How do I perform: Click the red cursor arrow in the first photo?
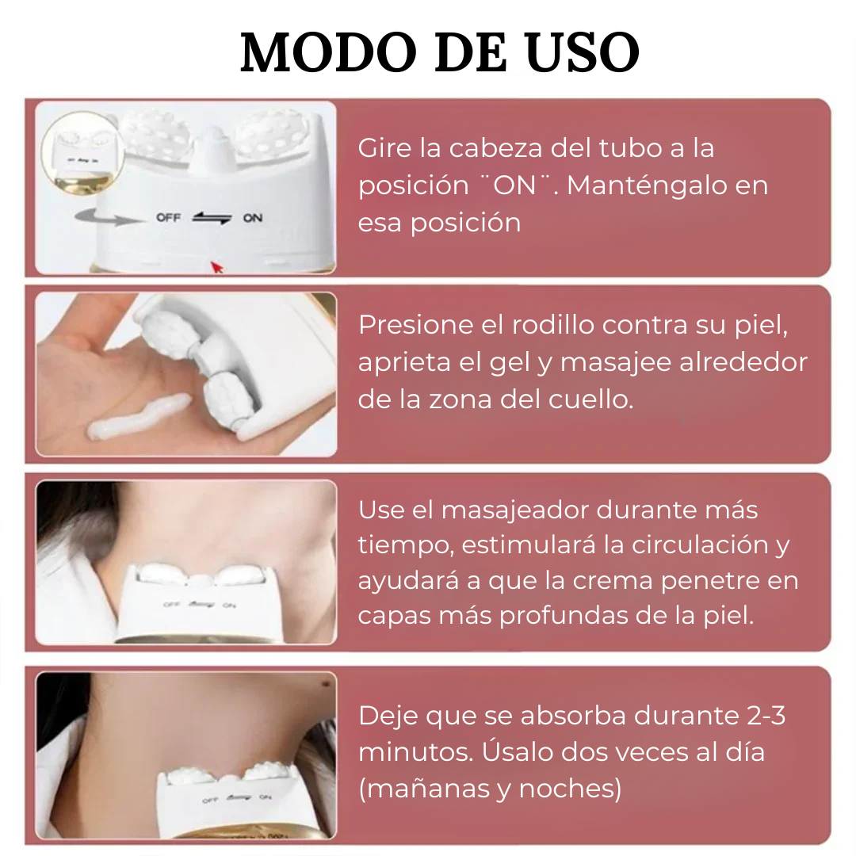coord(216,267)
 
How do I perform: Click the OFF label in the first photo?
coord(168,218)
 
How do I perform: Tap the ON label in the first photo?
coord(253,218)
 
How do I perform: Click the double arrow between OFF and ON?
coord(212,218)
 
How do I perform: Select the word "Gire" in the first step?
coord(384,148)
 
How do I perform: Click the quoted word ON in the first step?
coord(514,185)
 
